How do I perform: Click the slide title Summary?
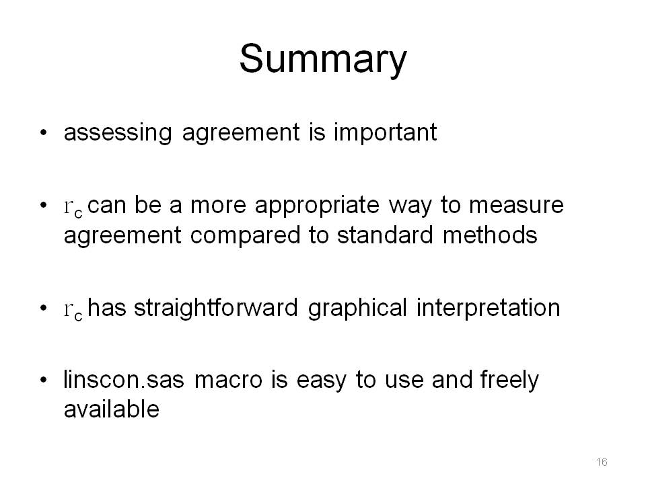pos(323,60)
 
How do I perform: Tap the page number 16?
pos(602,462)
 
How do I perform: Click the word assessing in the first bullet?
pos(118,133)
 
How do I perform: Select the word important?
pos(385,132)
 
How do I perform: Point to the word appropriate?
pos(317,206)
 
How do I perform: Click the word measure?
pos(517,205)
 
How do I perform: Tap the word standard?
pos(385,235)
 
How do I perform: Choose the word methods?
pos(490,235)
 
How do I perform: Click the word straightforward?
pos(216,308)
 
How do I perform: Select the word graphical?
pos(357,309)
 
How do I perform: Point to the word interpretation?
pos(489,309)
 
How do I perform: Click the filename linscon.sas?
pos(124,379)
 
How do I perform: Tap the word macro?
pos(228,380)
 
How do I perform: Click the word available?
pos(112,409)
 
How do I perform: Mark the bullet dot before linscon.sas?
pos(44,380)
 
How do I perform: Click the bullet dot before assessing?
pos(44,132)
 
